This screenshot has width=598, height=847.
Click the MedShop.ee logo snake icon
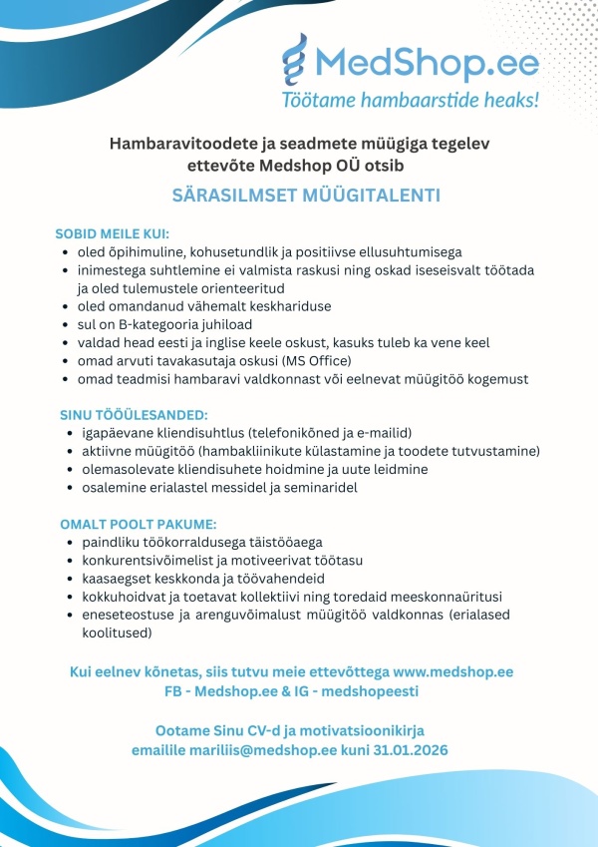point(297,63)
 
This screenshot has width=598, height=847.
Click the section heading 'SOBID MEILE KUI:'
point(112,233)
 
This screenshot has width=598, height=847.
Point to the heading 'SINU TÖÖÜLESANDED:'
point(120,413)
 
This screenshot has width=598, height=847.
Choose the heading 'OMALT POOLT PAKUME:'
point(124,523)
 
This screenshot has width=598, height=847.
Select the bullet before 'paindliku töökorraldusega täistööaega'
point(68,542)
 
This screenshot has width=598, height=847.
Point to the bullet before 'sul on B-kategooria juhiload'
point(66,324)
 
